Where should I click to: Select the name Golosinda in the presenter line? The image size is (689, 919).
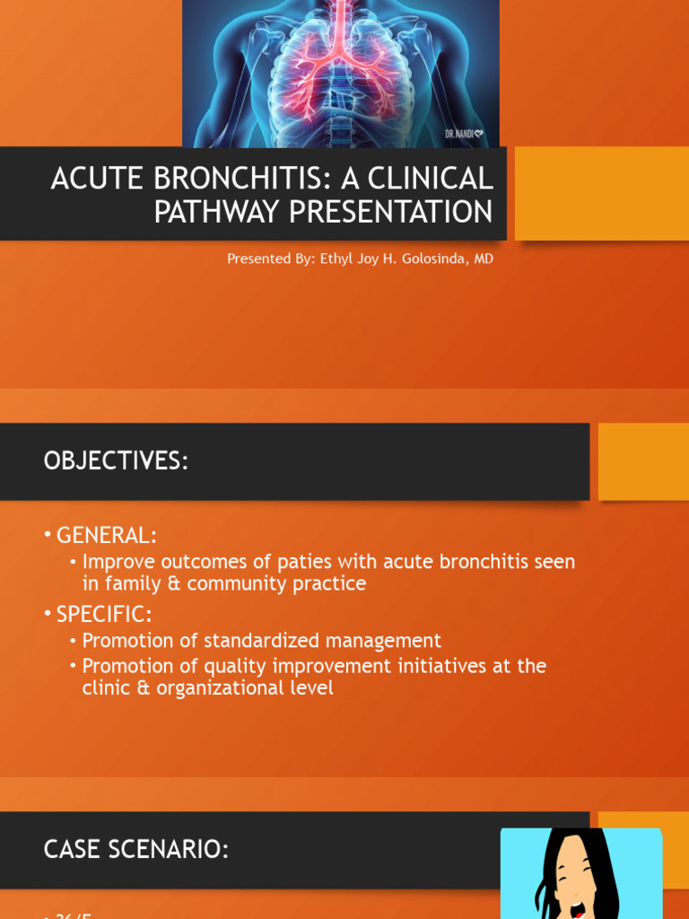[x=427, y=258]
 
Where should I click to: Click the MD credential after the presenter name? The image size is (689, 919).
[x=483, y=258]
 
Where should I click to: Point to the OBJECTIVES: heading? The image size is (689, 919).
[x=116, y=461]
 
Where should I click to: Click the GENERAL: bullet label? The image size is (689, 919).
[x=106, y=536]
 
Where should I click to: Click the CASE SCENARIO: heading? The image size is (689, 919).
[x=135, y=849]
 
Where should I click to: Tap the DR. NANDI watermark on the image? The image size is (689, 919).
[x=465, y=134]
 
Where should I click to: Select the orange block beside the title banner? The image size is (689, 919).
[x=601, y=193]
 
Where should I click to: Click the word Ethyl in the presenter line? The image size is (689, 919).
[x=338, y=258]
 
